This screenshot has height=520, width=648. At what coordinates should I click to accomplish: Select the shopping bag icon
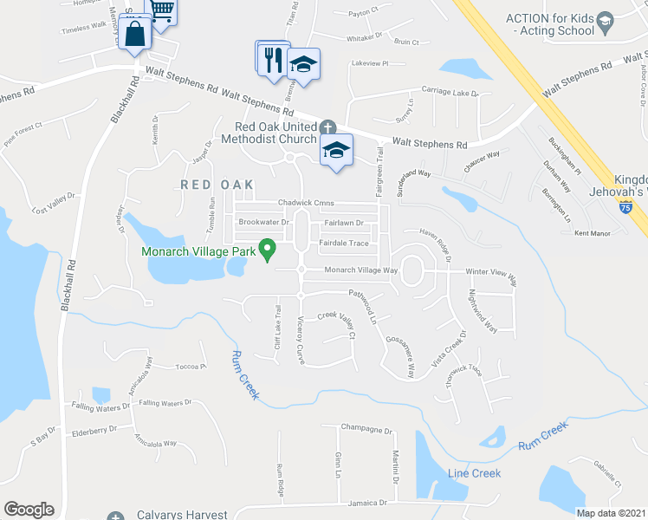pyautogui.click(x=137, y=36)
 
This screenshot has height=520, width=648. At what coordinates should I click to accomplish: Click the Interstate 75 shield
pyautogui.click(x=626, y=207)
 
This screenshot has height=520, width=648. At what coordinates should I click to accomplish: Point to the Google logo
pyautogui.click(x=29, y=510)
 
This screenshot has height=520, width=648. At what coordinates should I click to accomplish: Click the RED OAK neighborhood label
pyautogui.click(x=217, y=185)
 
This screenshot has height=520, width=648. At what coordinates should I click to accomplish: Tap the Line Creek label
pyautogui.click(x=474, y=473)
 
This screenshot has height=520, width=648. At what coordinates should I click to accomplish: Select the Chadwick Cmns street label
pyautogui.click(x=306, y=203)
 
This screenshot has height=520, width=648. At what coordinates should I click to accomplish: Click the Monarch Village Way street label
pyautogui.click(x=360, y=270)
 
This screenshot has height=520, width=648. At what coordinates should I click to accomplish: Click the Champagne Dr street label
pyautogui.click(x=366, y=428)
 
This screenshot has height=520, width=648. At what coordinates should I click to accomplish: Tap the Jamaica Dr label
pyautogui.click(x=363, y=503)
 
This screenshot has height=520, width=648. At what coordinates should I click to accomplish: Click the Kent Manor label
pyautogui.click(x=593, y=233)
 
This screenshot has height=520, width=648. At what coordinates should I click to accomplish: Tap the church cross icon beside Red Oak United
pyautogui.click(x=327, y=127)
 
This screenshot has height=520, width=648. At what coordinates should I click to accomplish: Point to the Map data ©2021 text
pyautogui.click(x=611, y=513)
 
